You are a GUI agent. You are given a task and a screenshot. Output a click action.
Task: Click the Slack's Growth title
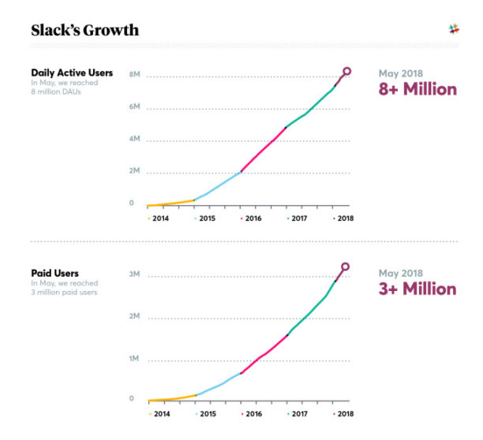[x=84, y=31]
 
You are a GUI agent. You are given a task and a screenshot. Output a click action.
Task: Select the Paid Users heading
[x=54, y=272]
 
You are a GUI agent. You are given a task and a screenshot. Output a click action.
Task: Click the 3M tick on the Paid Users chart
[x=134, y=274]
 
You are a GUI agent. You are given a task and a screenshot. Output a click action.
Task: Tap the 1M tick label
[x=134, y=358]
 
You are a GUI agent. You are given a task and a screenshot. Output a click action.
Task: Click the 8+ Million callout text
[x=417, y=89]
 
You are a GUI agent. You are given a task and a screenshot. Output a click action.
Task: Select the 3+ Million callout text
[x=417, y=289]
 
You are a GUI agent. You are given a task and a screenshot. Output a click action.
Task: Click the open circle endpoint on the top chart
[x=346, y=72]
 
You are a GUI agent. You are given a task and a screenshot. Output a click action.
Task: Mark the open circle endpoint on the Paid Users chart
[x=345, y=267]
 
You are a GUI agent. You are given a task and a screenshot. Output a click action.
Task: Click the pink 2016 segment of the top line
[x=263, y=149]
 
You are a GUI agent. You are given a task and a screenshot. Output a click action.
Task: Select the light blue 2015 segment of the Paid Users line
[x=219, y=384]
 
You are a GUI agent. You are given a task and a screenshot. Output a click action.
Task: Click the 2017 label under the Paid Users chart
[x=298, y=412]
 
